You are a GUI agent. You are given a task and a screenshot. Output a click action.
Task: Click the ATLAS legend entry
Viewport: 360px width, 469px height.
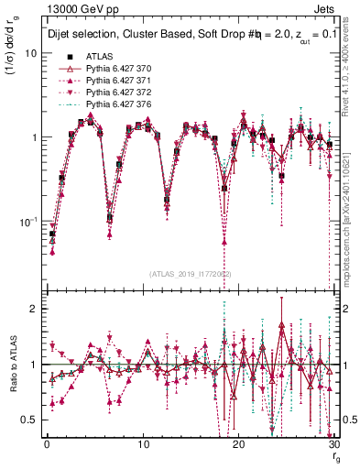coord(86,56)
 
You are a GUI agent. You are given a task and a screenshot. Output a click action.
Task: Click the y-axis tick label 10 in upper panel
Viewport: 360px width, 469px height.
coord(30,53)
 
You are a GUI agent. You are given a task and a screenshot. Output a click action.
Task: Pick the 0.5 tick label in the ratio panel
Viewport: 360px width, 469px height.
coord(29,420)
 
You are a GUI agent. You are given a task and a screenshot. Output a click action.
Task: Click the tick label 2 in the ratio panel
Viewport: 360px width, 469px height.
coord(34,309)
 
